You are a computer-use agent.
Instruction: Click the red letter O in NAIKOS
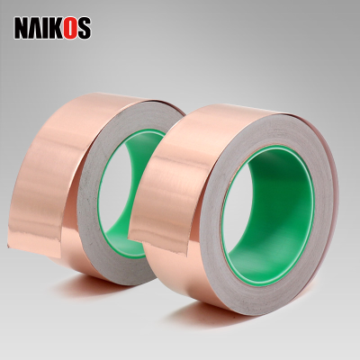69,28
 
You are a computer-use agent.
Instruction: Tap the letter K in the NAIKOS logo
55,28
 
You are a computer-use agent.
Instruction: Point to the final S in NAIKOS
84,28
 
